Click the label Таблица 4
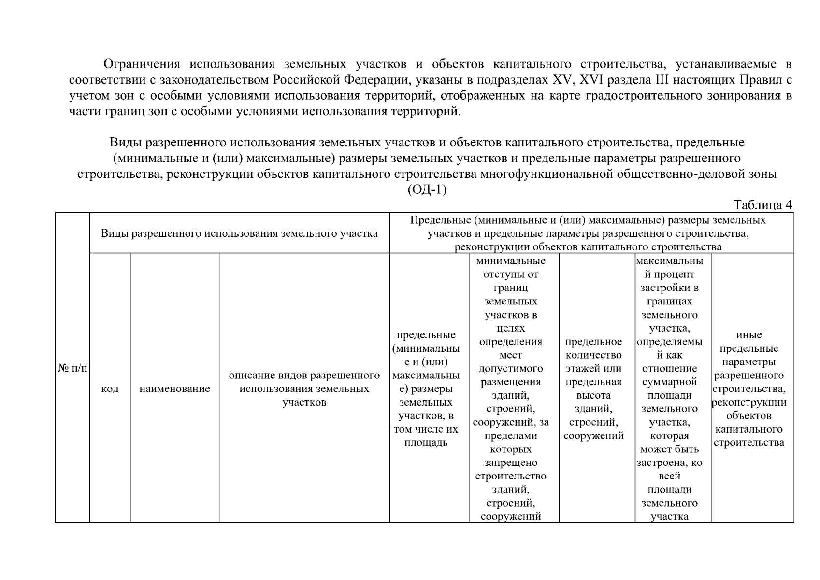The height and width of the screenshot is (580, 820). pos(762,205)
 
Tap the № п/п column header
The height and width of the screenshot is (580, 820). pos(72,368)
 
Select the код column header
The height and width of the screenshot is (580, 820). pos(110,389)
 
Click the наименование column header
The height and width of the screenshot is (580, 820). pos(174,389)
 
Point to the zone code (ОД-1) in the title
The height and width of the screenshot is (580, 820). pos(427,189)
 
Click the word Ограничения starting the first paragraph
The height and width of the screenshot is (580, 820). pos(142,64)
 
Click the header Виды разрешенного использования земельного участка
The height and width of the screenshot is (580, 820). pos(239,233)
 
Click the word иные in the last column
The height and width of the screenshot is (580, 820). pos(748,335)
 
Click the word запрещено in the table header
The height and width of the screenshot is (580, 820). pos(510,463)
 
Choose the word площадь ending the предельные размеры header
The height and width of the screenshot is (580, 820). pos(426,442)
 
